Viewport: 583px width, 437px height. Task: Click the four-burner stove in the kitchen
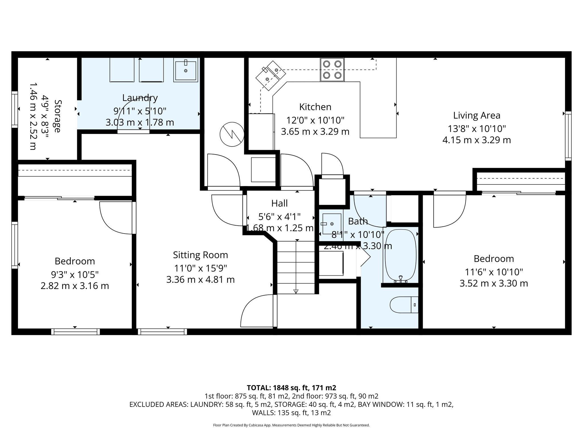[x=332, y=70]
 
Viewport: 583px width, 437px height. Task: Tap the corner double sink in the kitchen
[x=270, y=75]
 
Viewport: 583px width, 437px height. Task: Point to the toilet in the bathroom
[x=404, y=305]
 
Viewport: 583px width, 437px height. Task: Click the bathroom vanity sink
[x=331, y=224]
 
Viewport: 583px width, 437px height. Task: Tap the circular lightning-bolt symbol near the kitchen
[x=232, y=134]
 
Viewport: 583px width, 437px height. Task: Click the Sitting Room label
[x=200, y=255]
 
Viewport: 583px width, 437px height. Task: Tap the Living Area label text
[x=477, y=116]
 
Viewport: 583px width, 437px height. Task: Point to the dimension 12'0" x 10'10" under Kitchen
[x=315, y=120]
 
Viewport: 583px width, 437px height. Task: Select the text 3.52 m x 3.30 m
[x=494, y=283]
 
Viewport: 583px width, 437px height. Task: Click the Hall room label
[x=279, y=203]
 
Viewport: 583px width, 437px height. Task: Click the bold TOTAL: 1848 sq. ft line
[x=291, y=388]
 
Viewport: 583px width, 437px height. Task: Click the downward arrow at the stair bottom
[x=296, y=291]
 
